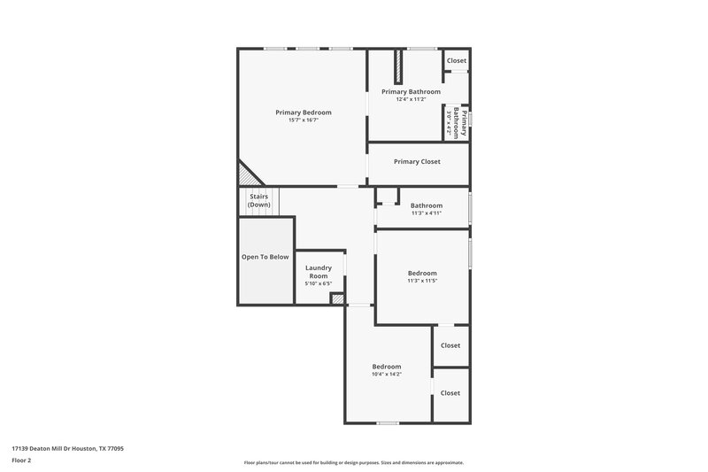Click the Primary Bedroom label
click(303, 112)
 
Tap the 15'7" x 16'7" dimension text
click(303, 120)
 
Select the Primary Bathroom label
click(411, 91)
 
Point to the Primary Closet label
click(417, 161)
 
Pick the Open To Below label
click(265, 257)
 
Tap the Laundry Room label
click(318, 272)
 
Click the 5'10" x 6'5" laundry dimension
click(318, 284)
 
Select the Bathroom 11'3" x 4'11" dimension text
click(426, 213)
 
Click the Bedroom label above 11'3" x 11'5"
click(422, 274)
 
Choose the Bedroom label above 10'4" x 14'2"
click(386, 367)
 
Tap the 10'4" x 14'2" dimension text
click(386, 375)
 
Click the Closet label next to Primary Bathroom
click(456, 61)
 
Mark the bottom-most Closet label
click(450, 393)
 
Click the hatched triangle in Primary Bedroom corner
click(244, 174)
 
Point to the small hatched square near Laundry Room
click(336, 299)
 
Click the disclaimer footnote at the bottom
click(353, 462)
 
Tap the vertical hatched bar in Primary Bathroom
click(399, 67)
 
